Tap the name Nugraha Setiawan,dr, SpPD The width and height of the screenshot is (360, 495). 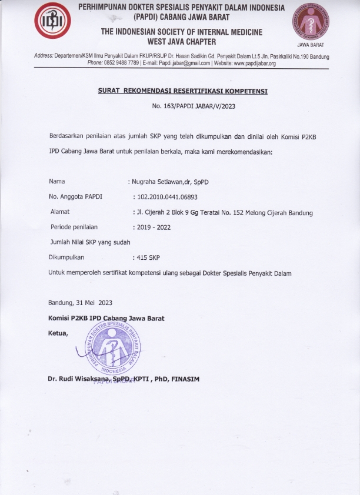tap(168, 182)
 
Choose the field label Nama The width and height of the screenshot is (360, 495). tap(57, 181)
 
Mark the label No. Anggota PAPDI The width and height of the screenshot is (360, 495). tap(76, 196)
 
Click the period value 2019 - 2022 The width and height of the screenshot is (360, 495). tap(153, 227)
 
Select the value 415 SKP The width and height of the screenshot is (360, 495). tap(148, 257)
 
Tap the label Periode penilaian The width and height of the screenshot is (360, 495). tap(74, 226)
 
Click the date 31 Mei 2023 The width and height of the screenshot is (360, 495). tap(94, 303)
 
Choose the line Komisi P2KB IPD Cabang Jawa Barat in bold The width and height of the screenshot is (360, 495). tap(106, 319)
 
